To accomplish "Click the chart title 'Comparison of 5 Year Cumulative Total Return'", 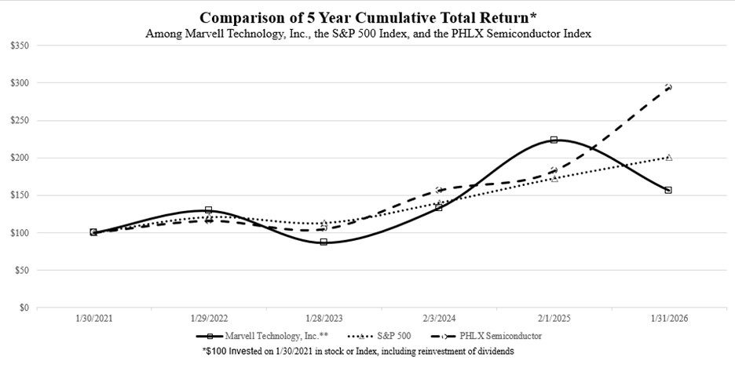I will [x=367, y=17].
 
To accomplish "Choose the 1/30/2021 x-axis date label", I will [x=93, y=320].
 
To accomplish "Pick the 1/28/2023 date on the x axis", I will [x=323, y=320].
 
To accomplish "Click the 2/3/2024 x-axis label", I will [x=438, y=320].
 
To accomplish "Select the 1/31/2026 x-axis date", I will [x=668, y=320].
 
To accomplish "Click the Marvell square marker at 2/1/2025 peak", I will [x=554, y=140].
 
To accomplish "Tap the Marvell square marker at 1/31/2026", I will [x=668, y=190].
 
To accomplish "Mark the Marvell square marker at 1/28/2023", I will [x=324, y=242].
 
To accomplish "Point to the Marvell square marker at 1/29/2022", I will [x=208, y=210].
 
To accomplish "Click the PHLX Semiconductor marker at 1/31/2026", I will [x=668, y=87].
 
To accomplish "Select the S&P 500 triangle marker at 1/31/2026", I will [x=668, y=157].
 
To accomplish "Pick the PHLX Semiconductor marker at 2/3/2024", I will [x=438, y=190].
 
